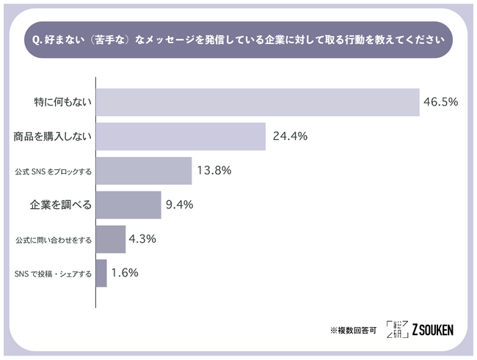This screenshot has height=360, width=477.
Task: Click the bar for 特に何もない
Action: pyautogui.click(x=257, y=103)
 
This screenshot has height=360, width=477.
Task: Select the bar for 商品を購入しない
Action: pyautogui.click(x=181, y=137)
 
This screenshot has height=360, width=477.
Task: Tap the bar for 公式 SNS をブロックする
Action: pyautogui.click(x=144, y=171)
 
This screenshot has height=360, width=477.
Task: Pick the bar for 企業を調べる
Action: pyautogui.click(x=128, y=205)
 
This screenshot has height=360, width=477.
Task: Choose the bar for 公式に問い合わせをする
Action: pyautogui.click(x=111, y=239)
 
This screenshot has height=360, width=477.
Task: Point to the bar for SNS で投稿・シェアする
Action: pyautogui.click(x=102, y=273)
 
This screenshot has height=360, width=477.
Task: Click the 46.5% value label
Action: pyautogui.click(x=440, y=103)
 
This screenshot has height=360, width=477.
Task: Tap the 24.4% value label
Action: pyautogui.click(x=288, y=137)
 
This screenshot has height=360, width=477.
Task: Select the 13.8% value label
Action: pyautogui.click(x=214, y=171)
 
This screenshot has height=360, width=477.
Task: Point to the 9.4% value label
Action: pyautogui.click(x=180, y=205)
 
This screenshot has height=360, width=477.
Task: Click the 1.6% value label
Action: pyautogui.click(x=125, y=273)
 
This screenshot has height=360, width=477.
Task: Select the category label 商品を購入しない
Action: pyautogui.click(x=52, y=137)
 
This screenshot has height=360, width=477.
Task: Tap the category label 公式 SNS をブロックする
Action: pyautogui.click(x=53, y=172)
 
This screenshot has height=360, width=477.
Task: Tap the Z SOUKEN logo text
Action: pyautogui.click(x=433, y=330)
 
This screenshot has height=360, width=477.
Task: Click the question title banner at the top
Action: pyautogui.click(x=238, y=39)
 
